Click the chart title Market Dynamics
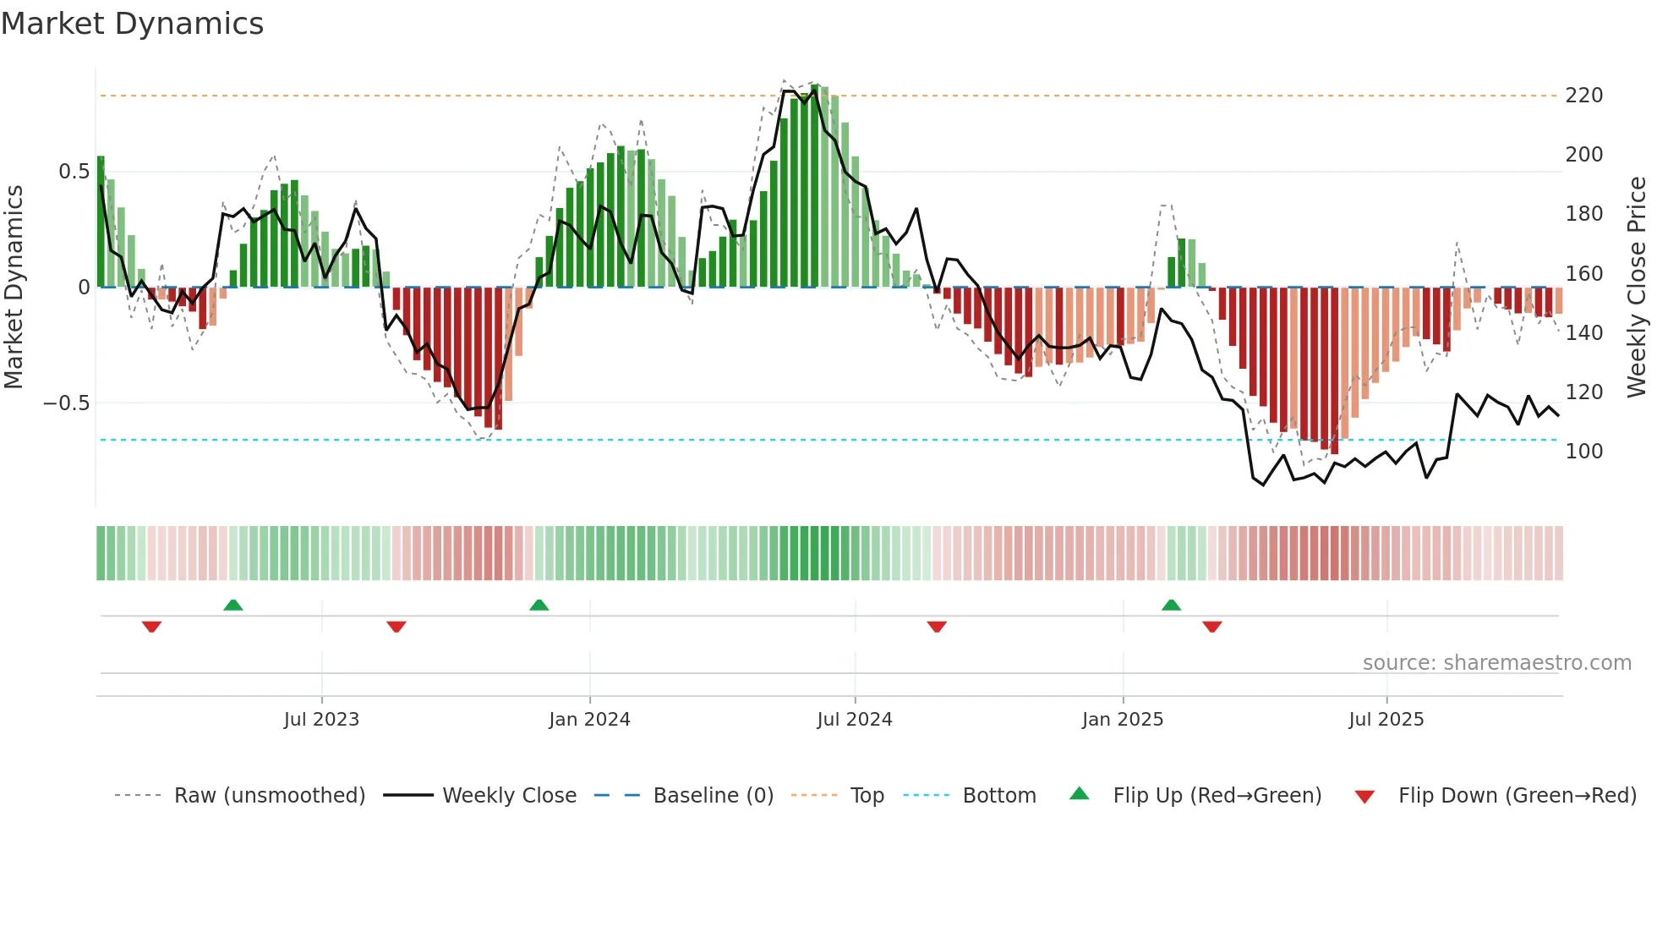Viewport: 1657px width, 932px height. point(133,24)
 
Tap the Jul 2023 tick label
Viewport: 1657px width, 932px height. point(321,720)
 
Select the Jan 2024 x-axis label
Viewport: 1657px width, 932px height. point(589,720)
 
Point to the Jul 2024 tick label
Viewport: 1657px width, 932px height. point(855,720)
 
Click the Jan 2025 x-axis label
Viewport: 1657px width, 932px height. point(1123,720)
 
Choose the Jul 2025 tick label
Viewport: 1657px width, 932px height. point(1386,720)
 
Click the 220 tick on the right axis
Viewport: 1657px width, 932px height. point(1583,96)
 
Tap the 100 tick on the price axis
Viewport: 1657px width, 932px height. point(1583,452)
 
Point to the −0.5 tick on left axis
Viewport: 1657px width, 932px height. point(67,403)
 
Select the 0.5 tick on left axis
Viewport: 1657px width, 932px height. point(74,172)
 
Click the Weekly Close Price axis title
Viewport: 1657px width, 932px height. point(1637,287)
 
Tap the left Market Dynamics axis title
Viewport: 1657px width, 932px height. point(14,287)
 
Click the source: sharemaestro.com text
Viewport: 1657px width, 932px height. point(1496,663)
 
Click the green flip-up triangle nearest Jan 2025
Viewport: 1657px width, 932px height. point(1171,605)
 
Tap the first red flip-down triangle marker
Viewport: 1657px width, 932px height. point(151,627)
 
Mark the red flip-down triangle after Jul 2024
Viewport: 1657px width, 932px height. point(937,627)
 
